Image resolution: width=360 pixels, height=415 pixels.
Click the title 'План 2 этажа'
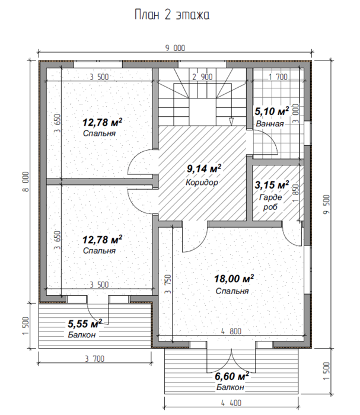coord(172,15)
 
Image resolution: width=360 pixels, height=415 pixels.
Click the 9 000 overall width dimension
coord(175,48)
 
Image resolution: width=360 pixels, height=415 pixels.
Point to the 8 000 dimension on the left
coord(26,181)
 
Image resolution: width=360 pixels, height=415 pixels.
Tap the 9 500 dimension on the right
coord(327,205)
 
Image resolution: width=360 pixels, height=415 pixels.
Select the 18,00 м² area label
coord(234,279)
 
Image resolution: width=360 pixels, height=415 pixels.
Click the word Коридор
coord(202,183)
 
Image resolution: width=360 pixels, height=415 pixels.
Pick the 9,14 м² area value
coord(204,168)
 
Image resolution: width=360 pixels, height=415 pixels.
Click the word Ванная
coord(270,123)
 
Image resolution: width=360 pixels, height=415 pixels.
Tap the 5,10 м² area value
coord(272,111)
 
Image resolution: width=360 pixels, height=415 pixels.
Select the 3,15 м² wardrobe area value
coord(272,185)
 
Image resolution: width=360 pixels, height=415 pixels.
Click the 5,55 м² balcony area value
coord(85,324)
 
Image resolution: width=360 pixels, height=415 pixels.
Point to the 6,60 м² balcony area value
coord(232,376)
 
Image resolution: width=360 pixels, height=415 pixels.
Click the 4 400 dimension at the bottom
coord(231,403)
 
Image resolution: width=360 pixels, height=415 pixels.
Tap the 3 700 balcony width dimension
coord(95,359)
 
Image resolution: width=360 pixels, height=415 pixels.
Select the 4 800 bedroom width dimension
coord(231,331)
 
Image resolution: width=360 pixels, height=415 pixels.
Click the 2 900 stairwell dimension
coord(202,77)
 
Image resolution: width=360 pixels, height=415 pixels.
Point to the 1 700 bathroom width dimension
coord(278,77)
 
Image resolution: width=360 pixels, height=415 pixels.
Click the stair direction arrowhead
coord(231,122)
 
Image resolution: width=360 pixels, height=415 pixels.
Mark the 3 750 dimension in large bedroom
coord(168,284)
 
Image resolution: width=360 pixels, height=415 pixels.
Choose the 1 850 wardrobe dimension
coord(296,193)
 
